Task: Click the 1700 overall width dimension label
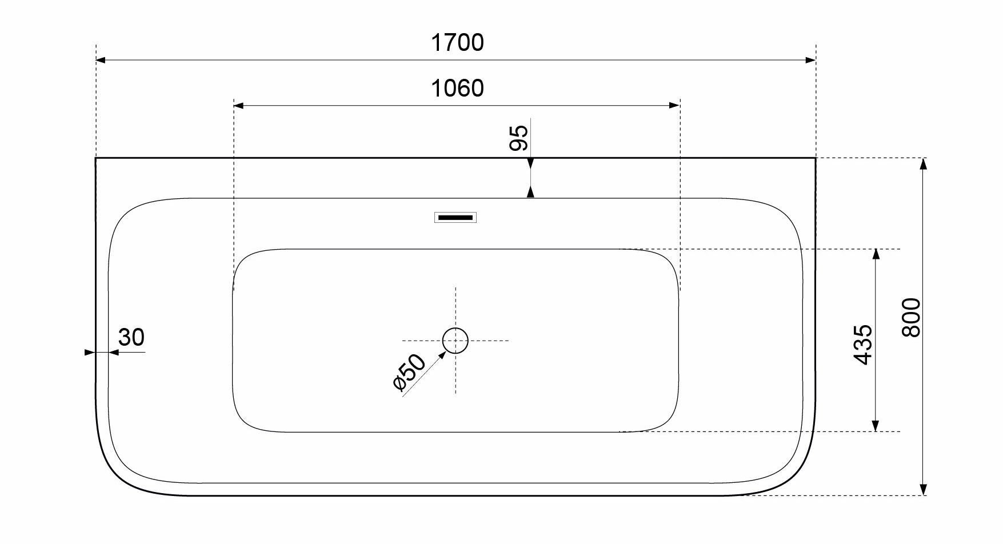pos(457,43)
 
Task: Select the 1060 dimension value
pos(457,89)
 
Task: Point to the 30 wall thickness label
pos(131,338)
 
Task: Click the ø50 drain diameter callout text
pos(410,372)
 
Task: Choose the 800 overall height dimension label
pos(912,318)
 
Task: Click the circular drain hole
pos(455,341)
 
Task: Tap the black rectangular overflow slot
pos(455,217)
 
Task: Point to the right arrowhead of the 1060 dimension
pos(674,105)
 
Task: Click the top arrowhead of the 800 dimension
pos(924,163)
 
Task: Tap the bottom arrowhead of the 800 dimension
pos(924,490)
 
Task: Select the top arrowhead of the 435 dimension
pos(876,254)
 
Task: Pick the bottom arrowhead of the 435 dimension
pos(876,426)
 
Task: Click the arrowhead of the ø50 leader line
pos(442,355)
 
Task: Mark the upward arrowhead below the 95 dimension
pos(531,193)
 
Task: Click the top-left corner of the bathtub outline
pos(96,158)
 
